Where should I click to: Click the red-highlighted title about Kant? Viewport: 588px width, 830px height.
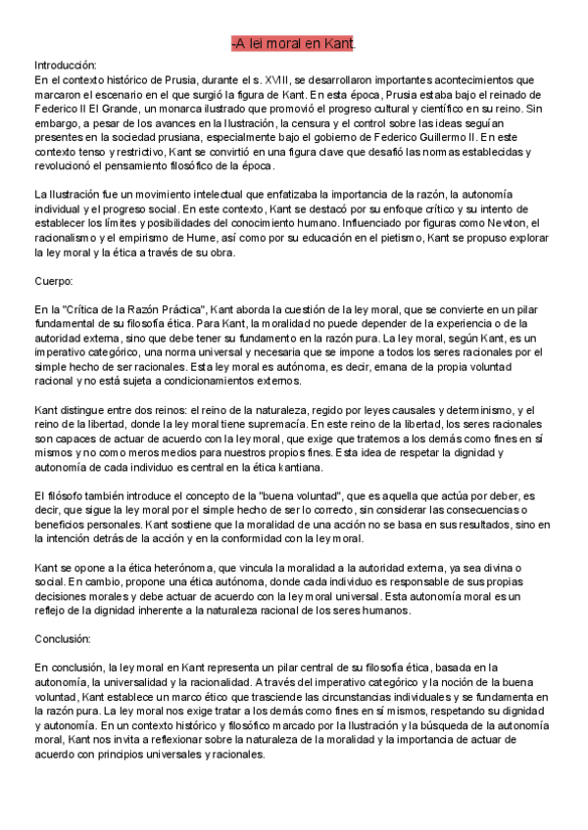coord(293,43)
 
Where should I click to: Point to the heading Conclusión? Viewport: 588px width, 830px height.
coord(62,638)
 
